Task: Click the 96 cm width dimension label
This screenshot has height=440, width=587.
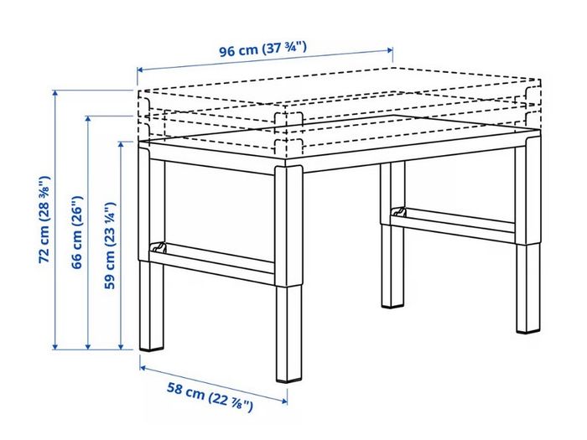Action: (x=262, y=49)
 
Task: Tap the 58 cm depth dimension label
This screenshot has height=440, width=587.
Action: (x=210, y=396)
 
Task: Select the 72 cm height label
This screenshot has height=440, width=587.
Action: (x=44, y=219)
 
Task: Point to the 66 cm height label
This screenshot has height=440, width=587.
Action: (x=77, y=232)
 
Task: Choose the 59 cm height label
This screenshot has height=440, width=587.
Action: (x=110, y=245)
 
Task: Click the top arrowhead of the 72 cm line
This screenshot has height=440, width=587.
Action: (x=55, y=93)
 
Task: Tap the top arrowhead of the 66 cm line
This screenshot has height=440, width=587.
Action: (x=88, y=119)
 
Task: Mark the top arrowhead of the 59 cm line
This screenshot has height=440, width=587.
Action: (x=121, y=144)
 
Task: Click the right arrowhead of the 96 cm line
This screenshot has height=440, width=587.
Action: (x=390, y=49)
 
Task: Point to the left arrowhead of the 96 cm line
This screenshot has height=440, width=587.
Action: (x=140, y=70)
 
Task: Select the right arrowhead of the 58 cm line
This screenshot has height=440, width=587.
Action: (x=284, y=401)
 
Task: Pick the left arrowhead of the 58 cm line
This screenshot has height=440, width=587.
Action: (x=143, y=368)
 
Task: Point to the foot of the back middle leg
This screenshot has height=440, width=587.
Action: (x=392, y=305)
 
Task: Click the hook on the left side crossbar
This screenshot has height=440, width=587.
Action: (x=158, y=247)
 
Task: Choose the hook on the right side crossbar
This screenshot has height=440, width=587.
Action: (x=399, y=212)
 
